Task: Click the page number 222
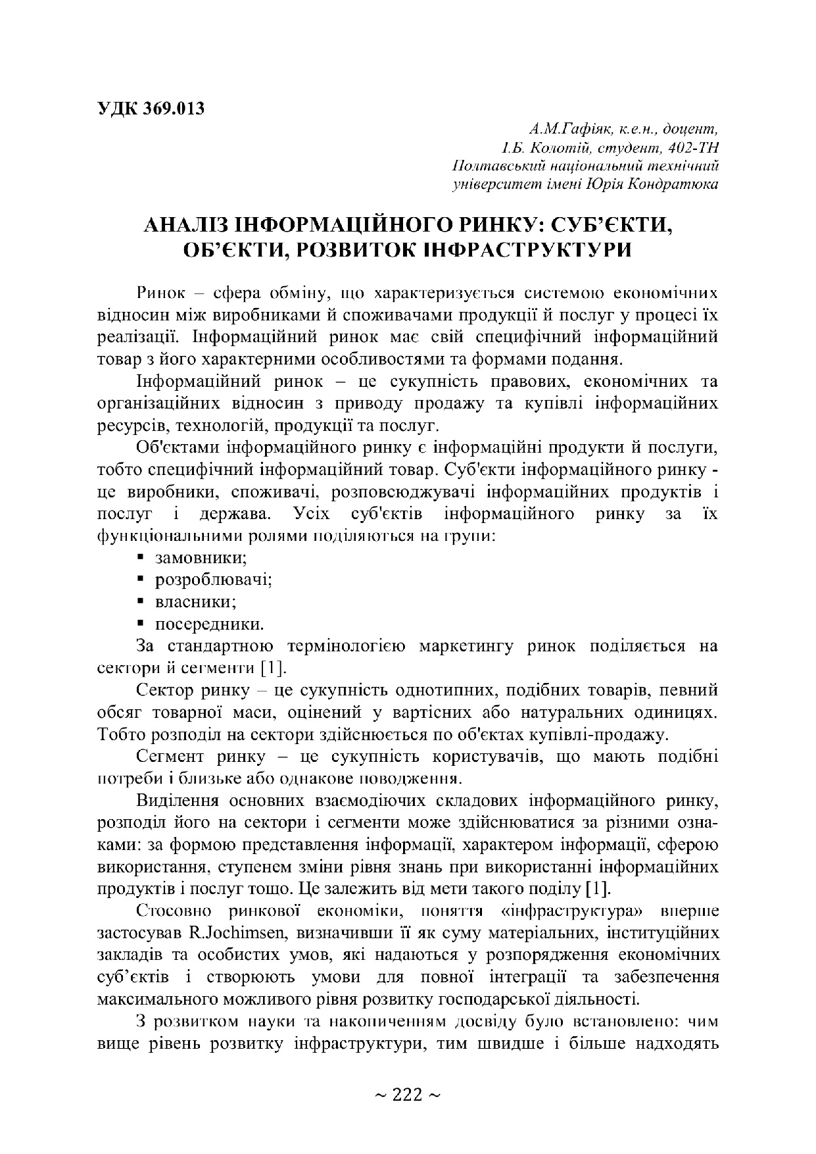(x=407, y=1095)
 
